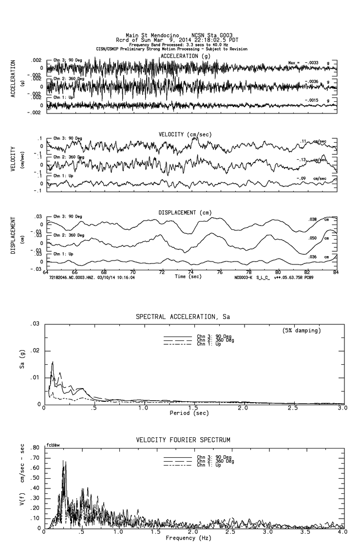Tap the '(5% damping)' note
point(301,331)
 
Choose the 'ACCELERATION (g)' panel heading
point(187,56)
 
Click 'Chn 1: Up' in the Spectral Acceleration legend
point(209,344)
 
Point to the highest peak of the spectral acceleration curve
point(52,362)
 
